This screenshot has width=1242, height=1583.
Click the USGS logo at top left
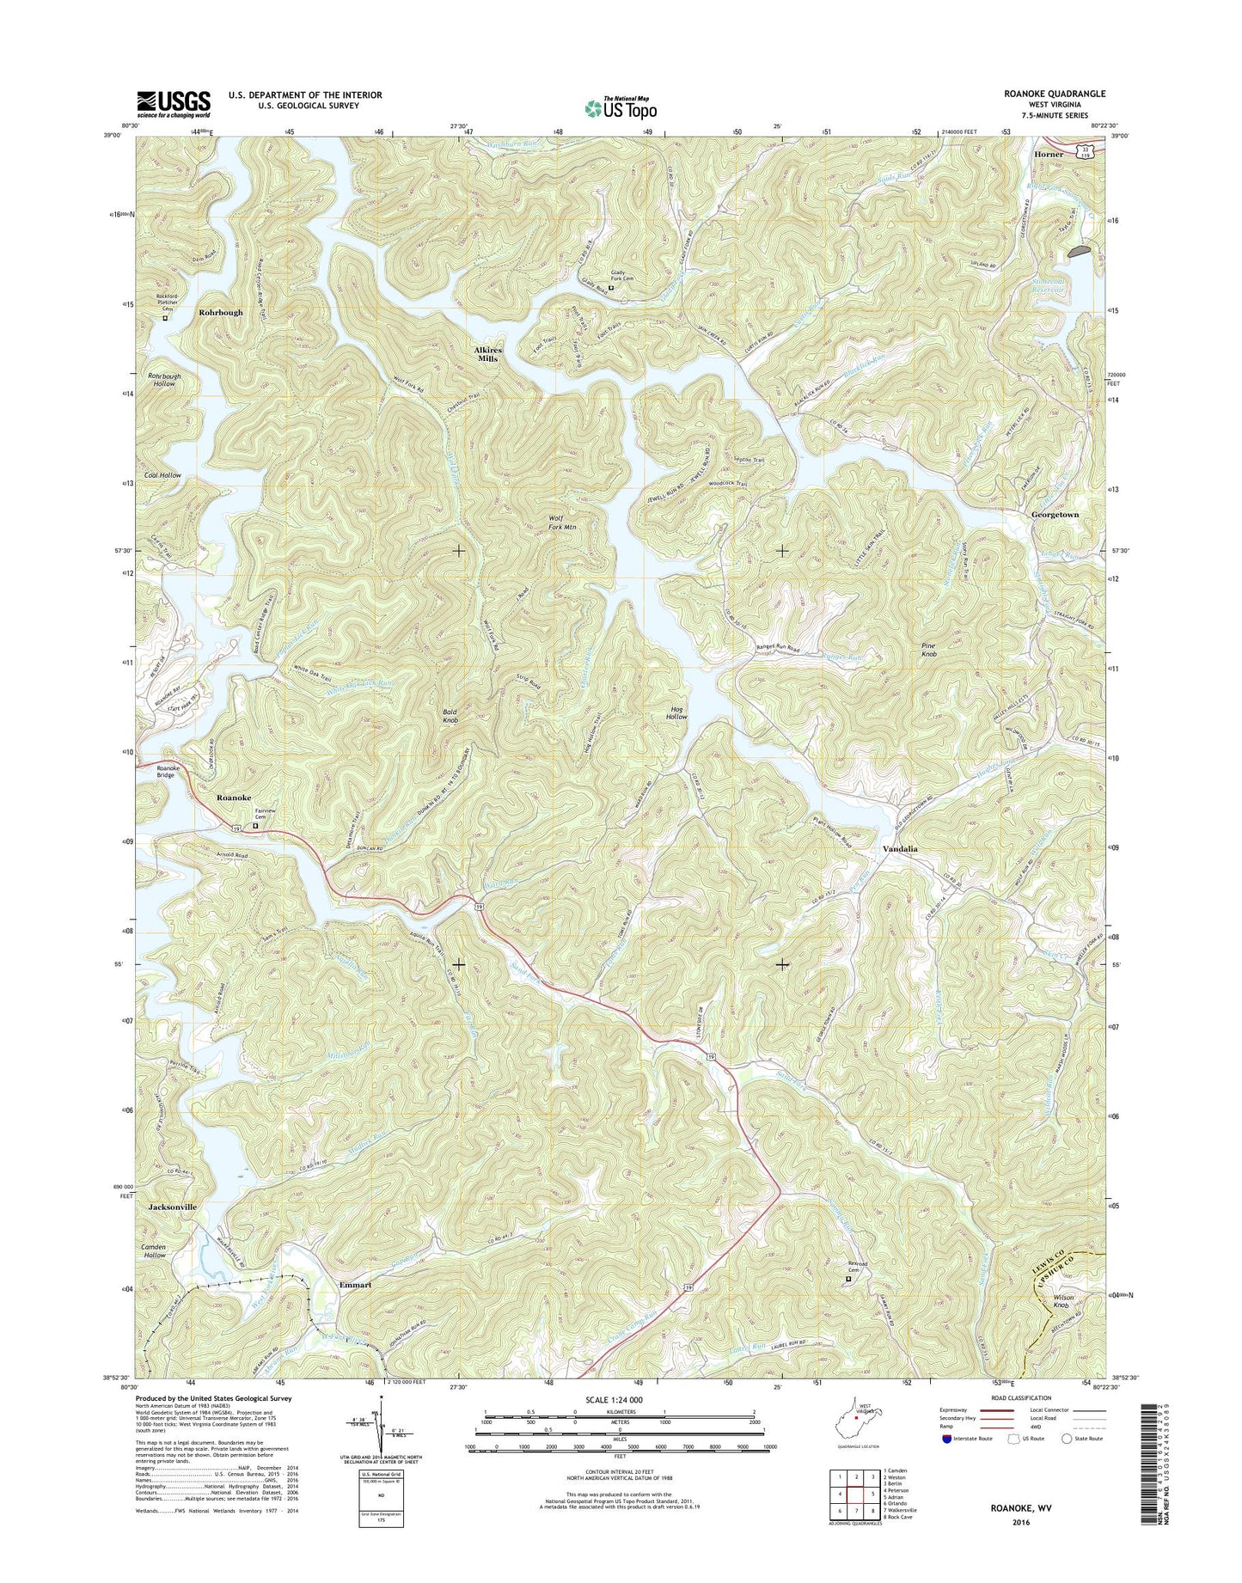(173, 104)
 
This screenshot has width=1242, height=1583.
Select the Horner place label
(1049, 154)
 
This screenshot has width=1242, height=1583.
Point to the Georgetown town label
(1055, 514)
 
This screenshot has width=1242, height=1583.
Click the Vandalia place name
(901, 848)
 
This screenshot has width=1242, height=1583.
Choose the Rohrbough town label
(221, 313)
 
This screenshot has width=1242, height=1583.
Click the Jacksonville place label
(172, 1207)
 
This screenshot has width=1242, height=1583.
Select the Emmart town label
(355, 1285)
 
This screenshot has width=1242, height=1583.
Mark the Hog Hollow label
(676, 712)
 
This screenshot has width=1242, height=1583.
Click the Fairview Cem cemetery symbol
(255, 827)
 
